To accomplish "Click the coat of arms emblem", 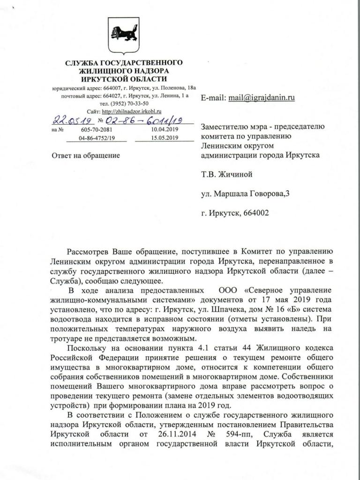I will tap(124, 36).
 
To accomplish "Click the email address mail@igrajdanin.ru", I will tap(261, 98).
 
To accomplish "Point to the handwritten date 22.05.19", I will tap(68, 120).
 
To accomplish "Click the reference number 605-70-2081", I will tap(97, 129).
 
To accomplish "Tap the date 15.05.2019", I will tap(165, 138).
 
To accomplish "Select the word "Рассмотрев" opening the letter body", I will tap(91, 252).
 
